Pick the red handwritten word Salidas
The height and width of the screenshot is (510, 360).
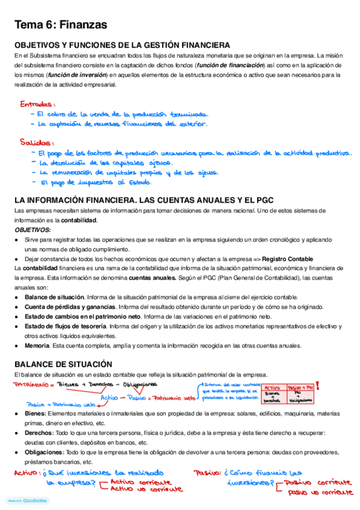pyautogui.click(x=35, y=143)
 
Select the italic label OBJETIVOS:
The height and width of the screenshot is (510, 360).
pyautogui.click(x=33, y=230)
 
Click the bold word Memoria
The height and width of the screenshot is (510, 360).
pyautogui.click(x=37, y=346)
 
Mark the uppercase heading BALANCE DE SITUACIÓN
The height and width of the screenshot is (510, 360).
pyautogui.click(x=63, y=364)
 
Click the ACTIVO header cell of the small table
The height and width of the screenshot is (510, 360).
pyautogui.click(x=273, y=388)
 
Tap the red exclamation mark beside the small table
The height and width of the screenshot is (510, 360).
pyautogui.click(x=317, y=387)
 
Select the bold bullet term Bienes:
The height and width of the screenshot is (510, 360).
pyautogui.click(x=35, y=414)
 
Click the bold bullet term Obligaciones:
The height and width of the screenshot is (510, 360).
pyautogui.click(x=44, y=452)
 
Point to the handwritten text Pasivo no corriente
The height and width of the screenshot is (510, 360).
pyautogui.click(x=320, y=493)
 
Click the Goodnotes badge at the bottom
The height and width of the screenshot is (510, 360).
pyautogui.click(x=28, y=500)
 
